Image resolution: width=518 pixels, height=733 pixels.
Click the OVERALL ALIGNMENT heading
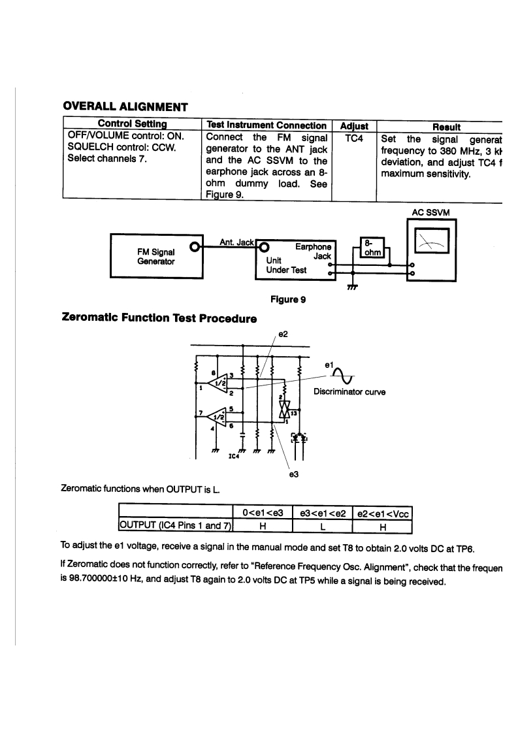click(125, 106)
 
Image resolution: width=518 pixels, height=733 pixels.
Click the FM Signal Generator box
click(154, 255)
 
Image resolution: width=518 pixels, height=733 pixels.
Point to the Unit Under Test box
click(297, 260)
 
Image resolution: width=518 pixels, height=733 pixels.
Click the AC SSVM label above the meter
click(431, 212)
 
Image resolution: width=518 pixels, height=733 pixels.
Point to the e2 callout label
click(283, 333)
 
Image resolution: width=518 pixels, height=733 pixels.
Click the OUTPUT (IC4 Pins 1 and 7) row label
click(175, 524)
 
